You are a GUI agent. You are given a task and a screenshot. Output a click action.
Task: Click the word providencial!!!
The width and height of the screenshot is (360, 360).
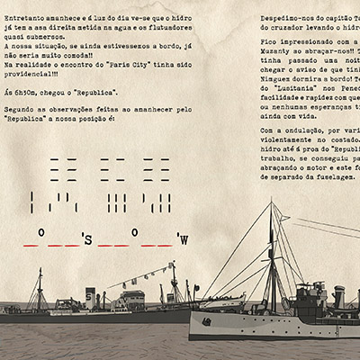click(x=36, y=75)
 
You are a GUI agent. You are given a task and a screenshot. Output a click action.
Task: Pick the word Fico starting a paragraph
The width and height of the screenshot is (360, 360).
click(x=268, y=42)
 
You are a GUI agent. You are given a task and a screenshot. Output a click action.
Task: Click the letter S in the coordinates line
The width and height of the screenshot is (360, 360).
click(x=87, y=240)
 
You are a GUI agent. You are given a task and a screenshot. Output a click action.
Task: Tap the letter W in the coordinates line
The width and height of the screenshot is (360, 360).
click(x=184, y=239)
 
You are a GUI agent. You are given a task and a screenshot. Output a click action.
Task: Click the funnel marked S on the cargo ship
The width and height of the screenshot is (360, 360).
click(x=89, y=294)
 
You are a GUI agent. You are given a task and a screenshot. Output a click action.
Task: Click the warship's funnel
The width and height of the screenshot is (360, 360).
click(x=338, y=296)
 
